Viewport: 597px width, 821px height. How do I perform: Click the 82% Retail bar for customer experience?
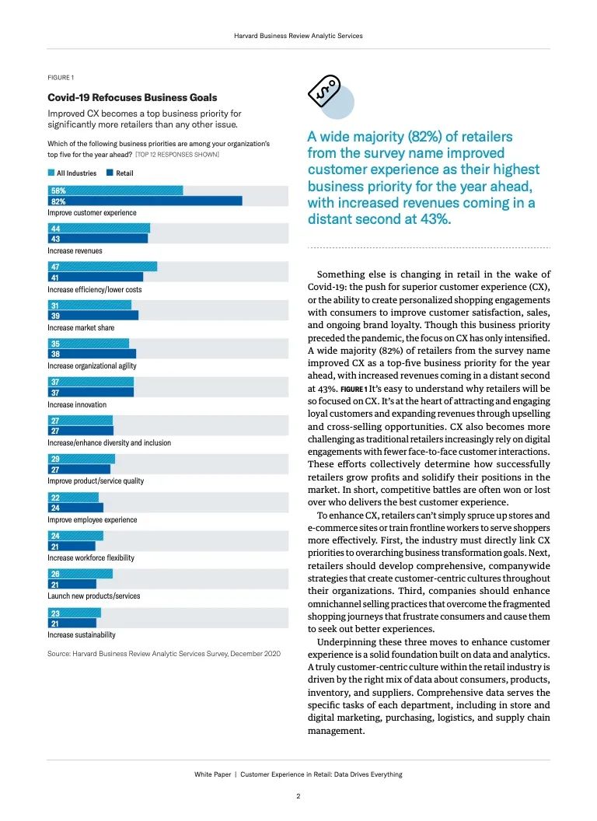pos(145,201)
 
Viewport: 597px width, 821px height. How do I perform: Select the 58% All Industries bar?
pos(116,190)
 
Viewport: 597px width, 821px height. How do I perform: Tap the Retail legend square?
pos(110,173)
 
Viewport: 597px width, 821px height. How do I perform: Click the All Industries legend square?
pos(51,173)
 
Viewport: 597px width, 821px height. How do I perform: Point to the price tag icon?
pos(324,91)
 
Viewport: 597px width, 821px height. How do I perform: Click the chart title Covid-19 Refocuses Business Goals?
pos(132,97)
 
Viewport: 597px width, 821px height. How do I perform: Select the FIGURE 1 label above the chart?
pos(61,78)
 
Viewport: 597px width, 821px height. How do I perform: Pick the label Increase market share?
pos(81,328)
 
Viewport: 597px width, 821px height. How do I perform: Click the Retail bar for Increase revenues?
pos(98,239)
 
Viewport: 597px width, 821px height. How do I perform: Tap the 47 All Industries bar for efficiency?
pos(103,267)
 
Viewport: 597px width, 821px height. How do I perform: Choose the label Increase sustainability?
pos(82,634)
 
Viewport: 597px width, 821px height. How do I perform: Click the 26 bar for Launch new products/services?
pos(80,574)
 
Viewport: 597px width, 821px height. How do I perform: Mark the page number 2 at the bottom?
pos(298,796)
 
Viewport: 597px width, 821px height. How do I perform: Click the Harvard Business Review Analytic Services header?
pos(298,36)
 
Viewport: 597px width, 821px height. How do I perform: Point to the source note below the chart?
pos(164,653)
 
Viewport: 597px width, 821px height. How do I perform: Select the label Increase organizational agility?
pos(93,366)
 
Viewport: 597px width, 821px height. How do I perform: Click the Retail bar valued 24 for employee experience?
pos(76,508)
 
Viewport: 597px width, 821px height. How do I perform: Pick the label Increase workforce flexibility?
pos(91,557)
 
